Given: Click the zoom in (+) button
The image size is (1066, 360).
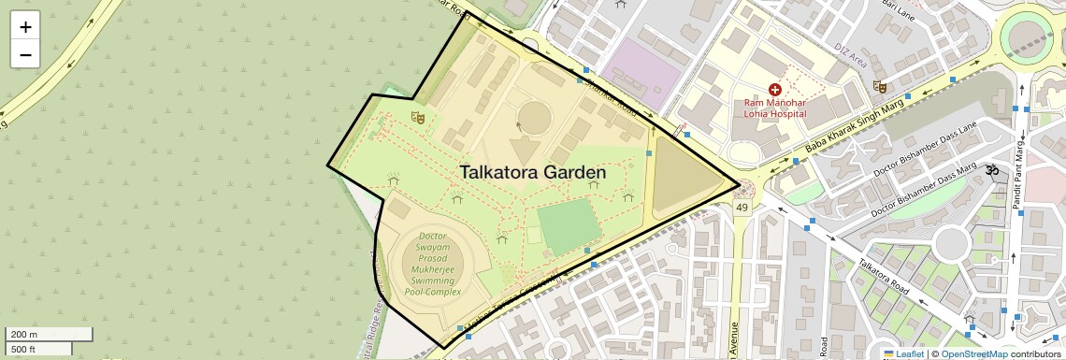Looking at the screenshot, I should coord(25,26).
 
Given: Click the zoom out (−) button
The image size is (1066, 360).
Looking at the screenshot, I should coord(25,54).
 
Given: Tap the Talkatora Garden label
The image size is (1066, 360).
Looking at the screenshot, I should coord(532,173).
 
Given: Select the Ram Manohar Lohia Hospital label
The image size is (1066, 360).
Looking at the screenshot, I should coord(774,108).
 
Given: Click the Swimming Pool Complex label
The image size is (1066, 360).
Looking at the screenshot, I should coord(433,265).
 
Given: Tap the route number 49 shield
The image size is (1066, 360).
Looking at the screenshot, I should coord(742,207).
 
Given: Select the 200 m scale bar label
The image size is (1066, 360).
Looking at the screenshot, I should coord(26,335).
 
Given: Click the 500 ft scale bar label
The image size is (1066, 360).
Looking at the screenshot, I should coord(26,349).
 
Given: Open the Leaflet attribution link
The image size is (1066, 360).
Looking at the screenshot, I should coord(903,354).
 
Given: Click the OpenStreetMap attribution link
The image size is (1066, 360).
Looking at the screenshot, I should coord(973,354).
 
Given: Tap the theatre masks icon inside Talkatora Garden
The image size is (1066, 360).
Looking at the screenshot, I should coord(418,117).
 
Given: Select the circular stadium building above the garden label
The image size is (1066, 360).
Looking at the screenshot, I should coord(534,118).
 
